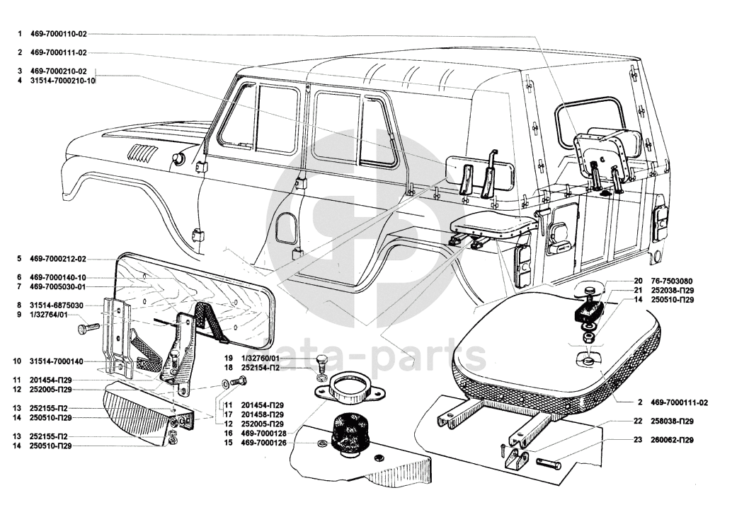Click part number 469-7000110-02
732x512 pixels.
[x=59, y=34]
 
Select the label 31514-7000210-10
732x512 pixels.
[x=62, y=81]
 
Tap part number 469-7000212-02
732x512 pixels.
[x=59, y=259]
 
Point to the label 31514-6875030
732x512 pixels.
[x=57, y=305]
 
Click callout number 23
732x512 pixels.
[x=638, y=441]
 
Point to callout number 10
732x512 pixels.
[x=21, y=361]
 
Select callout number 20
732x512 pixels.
[x=638, y=280]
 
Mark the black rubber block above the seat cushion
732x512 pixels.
[x=589, y=311]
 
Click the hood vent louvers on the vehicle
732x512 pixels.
[x=140, y=153]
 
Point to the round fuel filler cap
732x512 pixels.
[x=178, y=158]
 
